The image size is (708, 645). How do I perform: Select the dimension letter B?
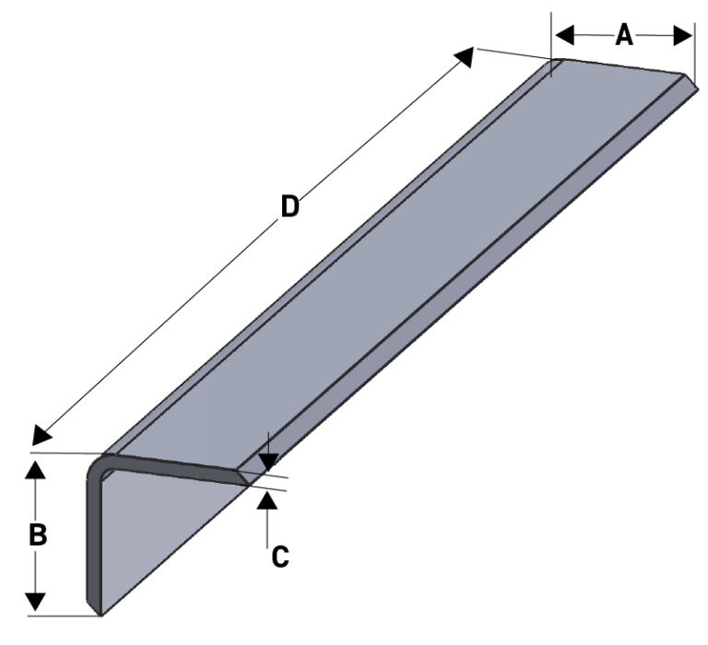coord(37,536)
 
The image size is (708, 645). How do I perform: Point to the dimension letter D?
coord(289,207)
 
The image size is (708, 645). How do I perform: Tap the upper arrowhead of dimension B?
coord(35,470)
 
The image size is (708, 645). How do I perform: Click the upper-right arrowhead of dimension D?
coord(466,57)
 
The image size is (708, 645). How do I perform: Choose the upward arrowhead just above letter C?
coord(266,500)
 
